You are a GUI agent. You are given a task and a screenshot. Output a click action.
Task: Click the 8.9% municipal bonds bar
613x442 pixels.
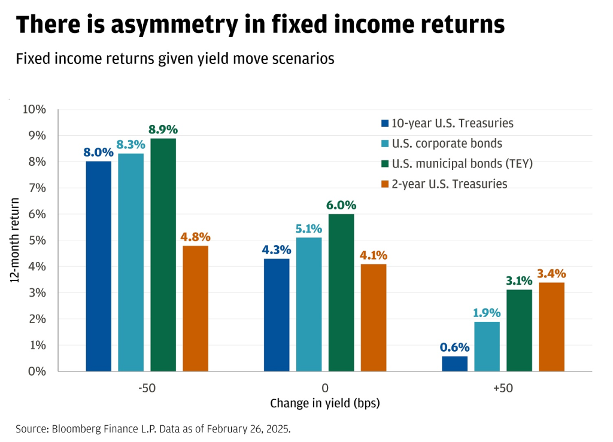pyautogui.click(x=163, y=255)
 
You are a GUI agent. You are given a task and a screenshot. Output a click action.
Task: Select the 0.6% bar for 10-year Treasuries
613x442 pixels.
pyautogui.click(x=454, y=364)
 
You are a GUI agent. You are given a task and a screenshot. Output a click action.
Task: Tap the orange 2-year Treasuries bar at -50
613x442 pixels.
pyautogui.click(x=196, y=308)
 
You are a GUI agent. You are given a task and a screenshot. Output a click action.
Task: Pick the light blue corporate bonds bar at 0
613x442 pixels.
pyautogui.click(x=309, y=304)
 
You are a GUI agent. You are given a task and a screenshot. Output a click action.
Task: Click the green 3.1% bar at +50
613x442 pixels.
pyautogui.click(x=519, y=330)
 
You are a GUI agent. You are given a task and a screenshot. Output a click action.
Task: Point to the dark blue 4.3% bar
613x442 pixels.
pyautogui.click(x=277, y=315)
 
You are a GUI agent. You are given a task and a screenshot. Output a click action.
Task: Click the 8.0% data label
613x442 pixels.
pyautogui.click(x=98, y=152)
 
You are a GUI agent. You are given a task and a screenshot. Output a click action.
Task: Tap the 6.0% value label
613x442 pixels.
pyautogui.click(x=341, y=205)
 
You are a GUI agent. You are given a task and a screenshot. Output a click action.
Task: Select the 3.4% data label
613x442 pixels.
pyautogui.click(x=551, y=273)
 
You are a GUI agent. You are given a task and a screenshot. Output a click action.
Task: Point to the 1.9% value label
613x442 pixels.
pyautogui.click(x=487, y=312)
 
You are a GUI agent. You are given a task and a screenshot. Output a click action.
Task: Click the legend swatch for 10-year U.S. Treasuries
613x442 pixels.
pyautogui.click(x=384, y=124)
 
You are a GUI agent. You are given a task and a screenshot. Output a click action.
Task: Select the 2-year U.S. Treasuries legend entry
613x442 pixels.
pyautogui.click(x=450, y=184)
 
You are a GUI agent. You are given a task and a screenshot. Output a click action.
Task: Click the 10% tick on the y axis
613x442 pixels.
pyautogui.click(x=34, y=109)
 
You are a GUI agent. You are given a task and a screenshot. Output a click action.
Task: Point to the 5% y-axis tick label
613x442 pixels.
pyautogui.click(x=37, y=240)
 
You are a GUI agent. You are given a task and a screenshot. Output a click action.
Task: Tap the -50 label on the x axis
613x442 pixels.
pyautogui.click(x=147, y=388)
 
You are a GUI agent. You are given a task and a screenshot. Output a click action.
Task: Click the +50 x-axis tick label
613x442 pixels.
pyautogui.click(x=503, y=388)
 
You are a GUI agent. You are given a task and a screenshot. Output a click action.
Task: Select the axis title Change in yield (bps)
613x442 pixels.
pyautogui.click(x=325, y=404)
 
